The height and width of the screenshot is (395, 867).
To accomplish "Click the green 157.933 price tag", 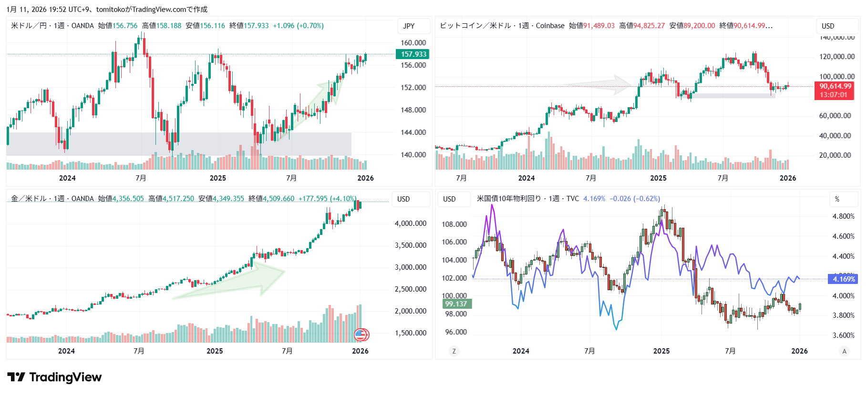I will click(413, 54).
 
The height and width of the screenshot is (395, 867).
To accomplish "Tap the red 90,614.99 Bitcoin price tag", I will click(835, 86).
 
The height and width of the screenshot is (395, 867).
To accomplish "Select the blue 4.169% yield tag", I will click(844, 279).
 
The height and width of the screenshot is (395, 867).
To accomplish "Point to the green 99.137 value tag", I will click(456, 304).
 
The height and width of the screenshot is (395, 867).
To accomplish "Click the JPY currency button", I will click(409, 26).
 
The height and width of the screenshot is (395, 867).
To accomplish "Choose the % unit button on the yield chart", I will click(837, 199).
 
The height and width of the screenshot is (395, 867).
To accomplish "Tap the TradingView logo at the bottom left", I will click(54, 377).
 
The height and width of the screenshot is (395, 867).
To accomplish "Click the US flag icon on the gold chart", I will click(361, 335).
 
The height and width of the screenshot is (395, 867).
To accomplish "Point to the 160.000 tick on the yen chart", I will click(413, 43).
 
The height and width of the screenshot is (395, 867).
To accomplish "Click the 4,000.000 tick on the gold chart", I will click(410, 223).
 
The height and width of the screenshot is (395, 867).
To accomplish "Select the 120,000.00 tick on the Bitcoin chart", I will click(836, 57).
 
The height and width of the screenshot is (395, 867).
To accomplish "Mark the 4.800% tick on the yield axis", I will click(843, 216).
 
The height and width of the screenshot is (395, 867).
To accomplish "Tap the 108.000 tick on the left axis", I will click(454, 224).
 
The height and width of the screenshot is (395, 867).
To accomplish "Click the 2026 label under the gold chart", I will click(360, 351).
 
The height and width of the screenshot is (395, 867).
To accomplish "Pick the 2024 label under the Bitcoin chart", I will click(526, 178).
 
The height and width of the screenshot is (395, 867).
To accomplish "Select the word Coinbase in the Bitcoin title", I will click(550, 26).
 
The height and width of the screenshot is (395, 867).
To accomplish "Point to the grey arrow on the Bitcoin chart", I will click(601, 85).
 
